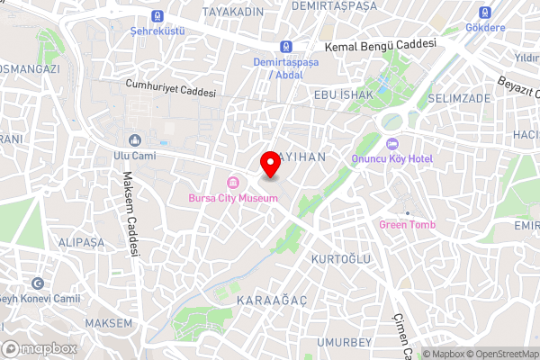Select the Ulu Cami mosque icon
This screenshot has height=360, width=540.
[135, 140]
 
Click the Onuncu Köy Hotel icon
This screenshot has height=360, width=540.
[392, 144]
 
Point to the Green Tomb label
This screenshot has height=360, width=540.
[407, 224]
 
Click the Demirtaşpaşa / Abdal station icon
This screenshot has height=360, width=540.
[285, 47]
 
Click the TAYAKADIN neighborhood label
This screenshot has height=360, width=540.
[232, 11]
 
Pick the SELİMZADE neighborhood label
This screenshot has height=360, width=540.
[459, 97]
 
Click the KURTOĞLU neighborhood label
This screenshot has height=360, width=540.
[340, 259]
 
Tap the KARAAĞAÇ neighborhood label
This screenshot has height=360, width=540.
[265, 298]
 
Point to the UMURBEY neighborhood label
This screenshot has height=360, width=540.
[344, 343]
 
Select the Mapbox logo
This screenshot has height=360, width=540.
[40, 348]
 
